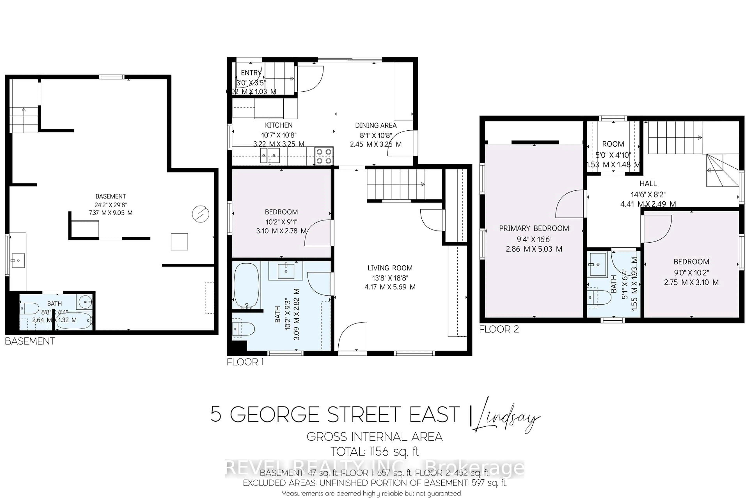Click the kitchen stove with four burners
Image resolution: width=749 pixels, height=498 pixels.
pyautogui.click(x=324, y=156)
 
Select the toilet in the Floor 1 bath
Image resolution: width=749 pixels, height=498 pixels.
pyautogui.click(x=244, y=329)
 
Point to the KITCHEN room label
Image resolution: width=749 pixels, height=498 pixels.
pyautogui.click(x=279, y=125)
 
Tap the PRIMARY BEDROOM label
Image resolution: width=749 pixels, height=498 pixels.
pyautogui.click(x=534, y=228)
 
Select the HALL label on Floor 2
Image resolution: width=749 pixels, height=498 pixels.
pyautogui.click(x=648, y=183)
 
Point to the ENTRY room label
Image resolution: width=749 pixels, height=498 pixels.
pyautogui.click(x=251, y=73)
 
